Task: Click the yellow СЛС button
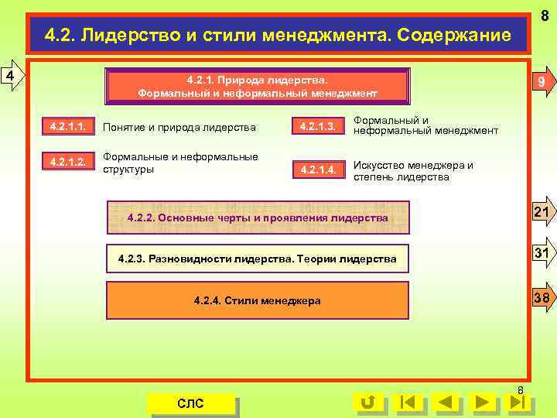tap(191, 403)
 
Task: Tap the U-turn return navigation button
tap(367, 403)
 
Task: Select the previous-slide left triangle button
tap(444, 403)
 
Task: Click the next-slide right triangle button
tap(482, 403)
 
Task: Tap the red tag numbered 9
tap(541, 83)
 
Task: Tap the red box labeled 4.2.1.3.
tap(318, 126)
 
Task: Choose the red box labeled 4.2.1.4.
tap(318, 170)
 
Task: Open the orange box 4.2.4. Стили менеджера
tap(257, 300)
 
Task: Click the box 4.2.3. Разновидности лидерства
tap(257, 259)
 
